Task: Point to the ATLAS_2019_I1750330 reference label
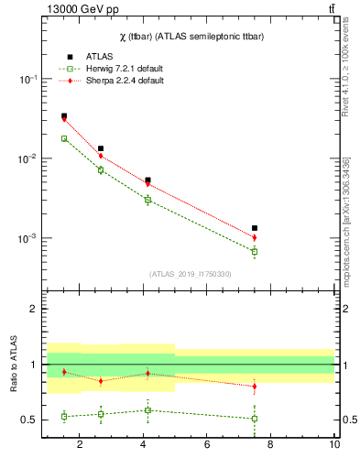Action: tap(190, 274)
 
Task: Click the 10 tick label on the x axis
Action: tap(334, 445)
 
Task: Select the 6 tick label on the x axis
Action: tap(207, 445)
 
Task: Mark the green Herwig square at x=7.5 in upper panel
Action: tap(255, 251)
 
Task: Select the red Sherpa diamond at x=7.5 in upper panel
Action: tap(255, 237)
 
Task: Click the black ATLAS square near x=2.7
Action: tap(101, 148)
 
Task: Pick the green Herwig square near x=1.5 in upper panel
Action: tap(64, 139)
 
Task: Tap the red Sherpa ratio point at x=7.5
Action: tap(255, 387)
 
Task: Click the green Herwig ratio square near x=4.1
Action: tap(147, 410)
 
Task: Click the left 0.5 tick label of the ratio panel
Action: tap(29, 420)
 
